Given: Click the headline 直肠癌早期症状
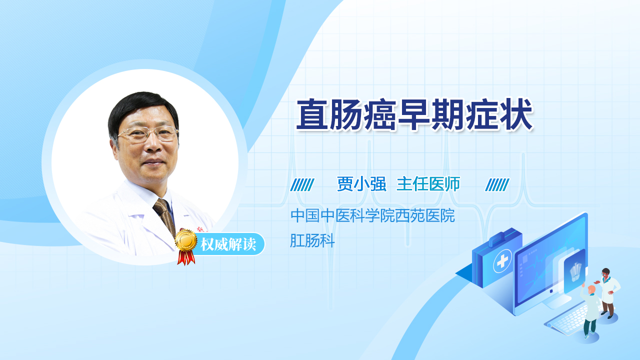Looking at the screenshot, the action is pos(414,114).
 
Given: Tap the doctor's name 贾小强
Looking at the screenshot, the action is pos(361,183).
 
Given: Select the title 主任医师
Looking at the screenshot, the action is pos(428,183).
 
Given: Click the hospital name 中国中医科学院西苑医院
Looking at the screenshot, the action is pos(372,215).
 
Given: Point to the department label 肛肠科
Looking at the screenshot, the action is pos(312,240).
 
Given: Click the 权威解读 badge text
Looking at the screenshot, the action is pos(228,244).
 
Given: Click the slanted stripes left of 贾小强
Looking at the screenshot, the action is pos(302,185).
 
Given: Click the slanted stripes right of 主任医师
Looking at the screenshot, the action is pos(497,185).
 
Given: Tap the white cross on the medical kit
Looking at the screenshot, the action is pos(502,261).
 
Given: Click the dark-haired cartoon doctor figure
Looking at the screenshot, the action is pos(608,293).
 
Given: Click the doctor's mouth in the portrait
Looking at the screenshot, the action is pos(153,162).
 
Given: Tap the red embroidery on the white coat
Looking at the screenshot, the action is pos(203,229).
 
